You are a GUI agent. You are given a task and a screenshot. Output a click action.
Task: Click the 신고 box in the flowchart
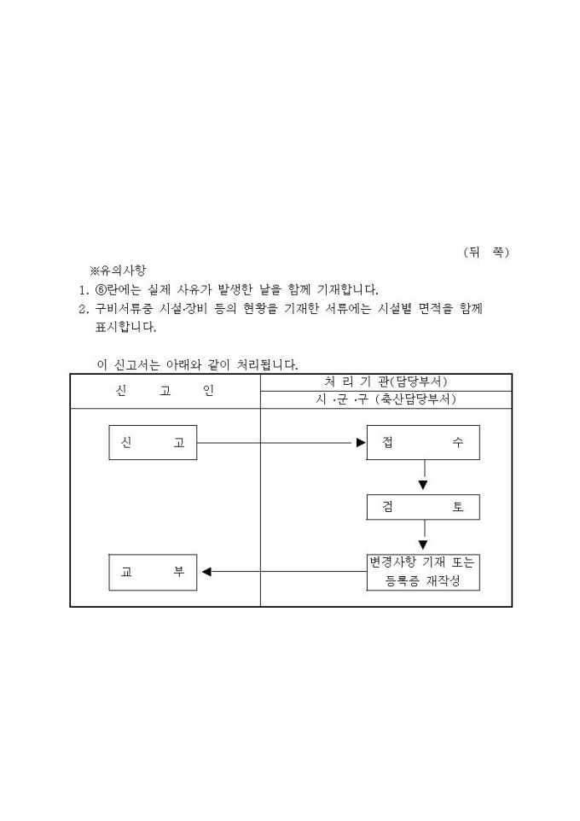[153, 442]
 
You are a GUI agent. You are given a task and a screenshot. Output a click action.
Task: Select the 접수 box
[423, 442]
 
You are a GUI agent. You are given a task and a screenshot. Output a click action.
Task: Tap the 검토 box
[423, 507]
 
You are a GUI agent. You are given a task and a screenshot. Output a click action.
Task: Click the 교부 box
[153, 573]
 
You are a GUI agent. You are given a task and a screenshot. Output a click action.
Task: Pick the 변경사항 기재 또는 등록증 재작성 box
[423, 573]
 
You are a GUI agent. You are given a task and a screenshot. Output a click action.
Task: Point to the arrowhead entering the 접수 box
[361, 443]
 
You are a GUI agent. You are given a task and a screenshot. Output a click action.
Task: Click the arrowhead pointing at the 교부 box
[206, 572]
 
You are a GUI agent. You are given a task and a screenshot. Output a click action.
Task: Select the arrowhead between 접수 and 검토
[423, 486]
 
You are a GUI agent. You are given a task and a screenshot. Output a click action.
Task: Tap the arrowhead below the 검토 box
[423, 545]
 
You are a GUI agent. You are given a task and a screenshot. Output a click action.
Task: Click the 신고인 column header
[165, 391]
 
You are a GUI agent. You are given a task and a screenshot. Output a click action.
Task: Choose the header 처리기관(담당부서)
[386, 381]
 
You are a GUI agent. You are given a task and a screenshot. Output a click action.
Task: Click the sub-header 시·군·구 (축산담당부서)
[386, 399]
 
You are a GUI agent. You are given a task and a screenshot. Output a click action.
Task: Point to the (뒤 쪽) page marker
[486, 253]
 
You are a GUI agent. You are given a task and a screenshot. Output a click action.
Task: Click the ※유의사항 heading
[119, 271]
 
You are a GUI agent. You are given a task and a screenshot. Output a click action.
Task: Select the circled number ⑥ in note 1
[101, 289]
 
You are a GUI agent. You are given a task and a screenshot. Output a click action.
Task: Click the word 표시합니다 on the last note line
[125, 327]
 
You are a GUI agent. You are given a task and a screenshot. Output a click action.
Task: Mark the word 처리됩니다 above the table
[268, 365]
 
